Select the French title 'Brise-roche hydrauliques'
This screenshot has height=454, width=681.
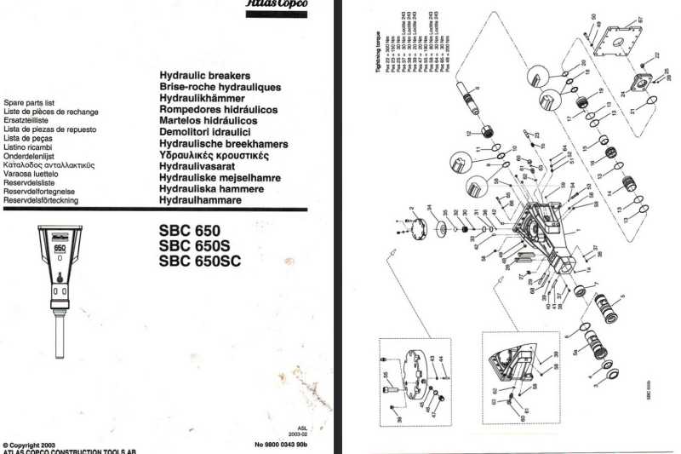220,87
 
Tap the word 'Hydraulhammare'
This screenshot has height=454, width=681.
200,200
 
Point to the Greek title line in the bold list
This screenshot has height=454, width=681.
226,156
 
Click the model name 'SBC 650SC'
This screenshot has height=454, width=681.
200,261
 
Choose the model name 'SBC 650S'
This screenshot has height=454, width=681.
193,246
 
